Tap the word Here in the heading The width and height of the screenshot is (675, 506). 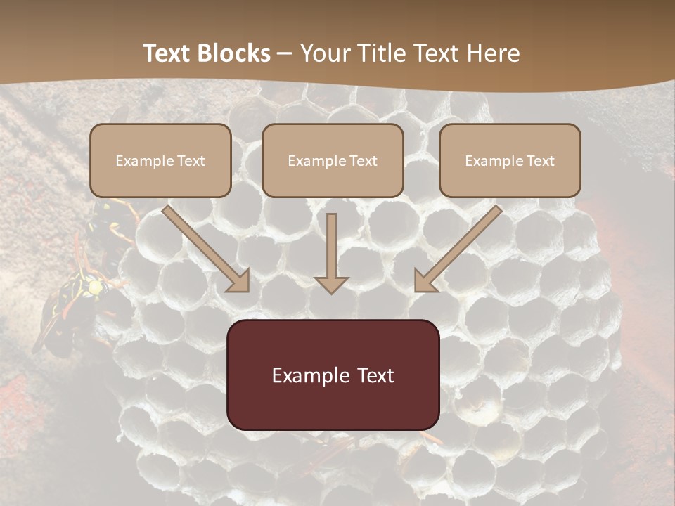[x=494, y=53]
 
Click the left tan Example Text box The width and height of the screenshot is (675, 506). [x=160, y=160]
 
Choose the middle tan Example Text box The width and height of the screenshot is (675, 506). [x=333, y=160]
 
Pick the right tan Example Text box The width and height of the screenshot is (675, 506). [x=510, y=160]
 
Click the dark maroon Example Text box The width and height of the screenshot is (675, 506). [x=333, y=375]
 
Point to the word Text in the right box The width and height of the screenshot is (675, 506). [x=540, y=161]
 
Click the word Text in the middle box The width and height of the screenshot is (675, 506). [x=363, y=161]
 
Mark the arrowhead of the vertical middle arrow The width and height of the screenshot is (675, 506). [x=332, y=285]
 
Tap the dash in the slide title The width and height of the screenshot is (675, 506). [x=285, y=54]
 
